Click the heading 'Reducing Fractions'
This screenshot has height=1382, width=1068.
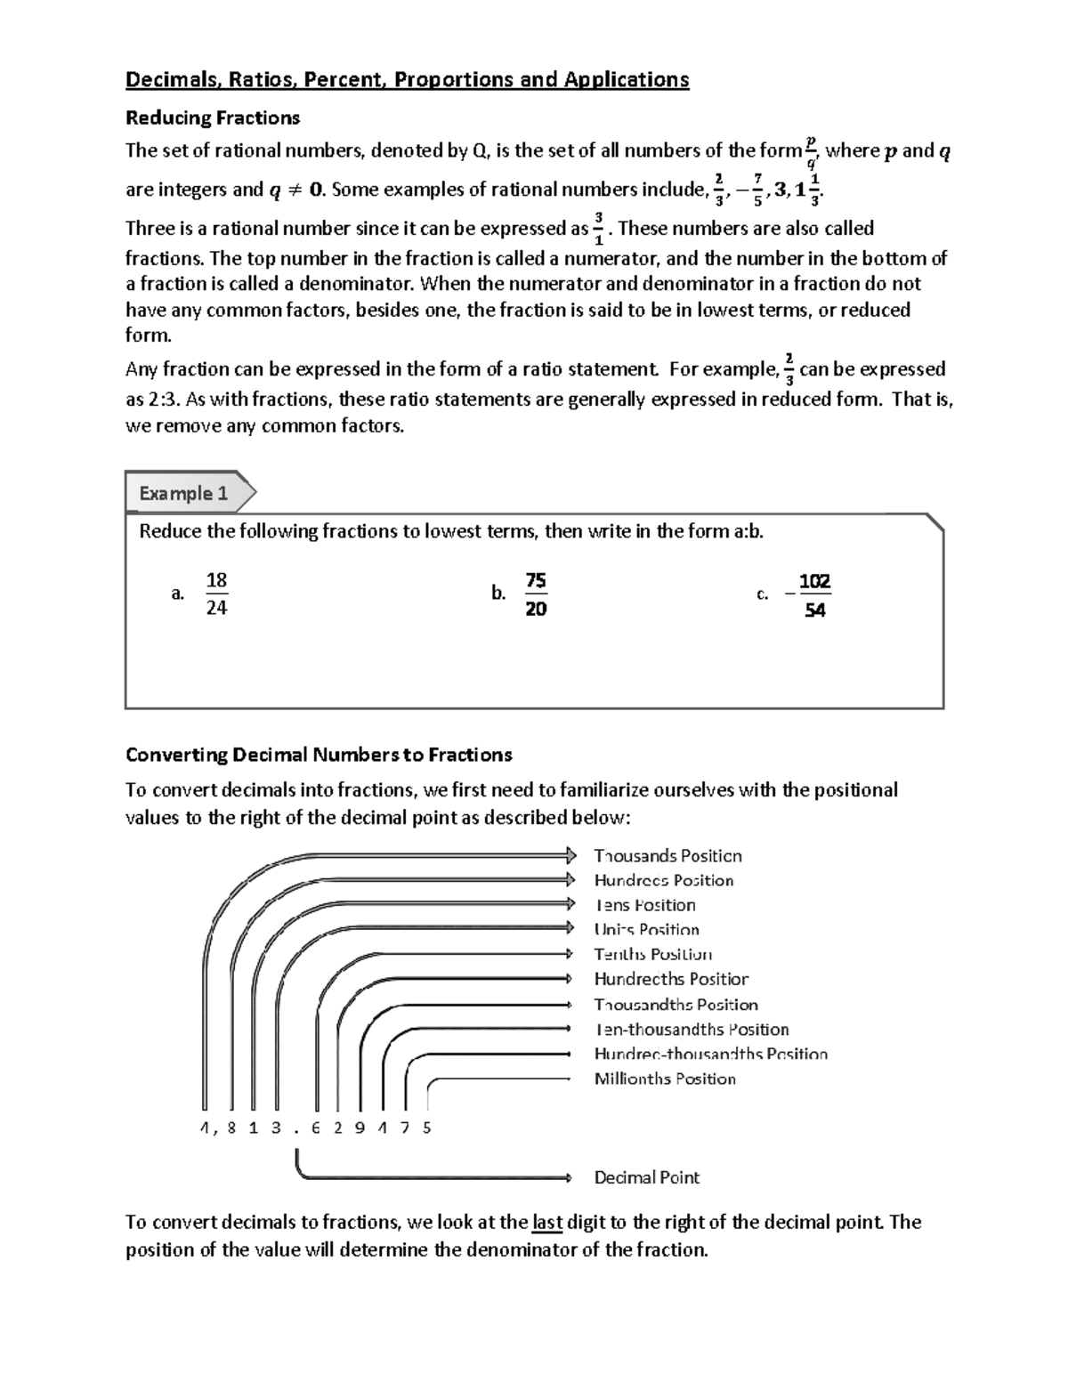[213, 117]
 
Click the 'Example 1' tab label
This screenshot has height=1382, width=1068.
[183, 493]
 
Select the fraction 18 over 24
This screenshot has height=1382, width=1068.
[216, 594]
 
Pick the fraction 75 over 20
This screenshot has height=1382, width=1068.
[536, 594]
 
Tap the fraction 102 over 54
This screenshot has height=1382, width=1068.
[813, 595]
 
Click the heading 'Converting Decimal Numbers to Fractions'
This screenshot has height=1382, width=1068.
[319, 755]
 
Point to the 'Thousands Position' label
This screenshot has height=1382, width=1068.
[667, 855]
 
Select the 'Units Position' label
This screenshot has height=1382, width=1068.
[646, 929]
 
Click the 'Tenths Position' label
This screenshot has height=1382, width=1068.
[652, 954]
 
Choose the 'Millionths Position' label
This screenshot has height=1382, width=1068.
[665, 1079]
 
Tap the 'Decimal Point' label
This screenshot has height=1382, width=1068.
[646, 1177]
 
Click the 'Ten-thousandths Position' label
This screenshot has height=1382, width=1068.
[692, 1029]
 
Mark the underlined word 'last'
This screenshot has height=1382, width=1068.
[546, 1222]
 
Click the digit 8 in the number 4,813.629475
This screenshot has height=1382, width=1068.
[231, 1127]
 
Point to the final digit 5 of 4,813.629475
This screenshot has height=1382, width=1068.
[427, 1127]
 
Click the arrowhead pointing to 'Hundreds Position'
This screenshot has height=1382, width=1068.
[570, 879]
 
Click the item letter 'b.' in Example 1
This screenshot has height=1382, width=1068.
[498, 594]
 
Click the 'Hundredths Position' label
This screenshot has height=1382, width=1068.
[671, 979]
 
